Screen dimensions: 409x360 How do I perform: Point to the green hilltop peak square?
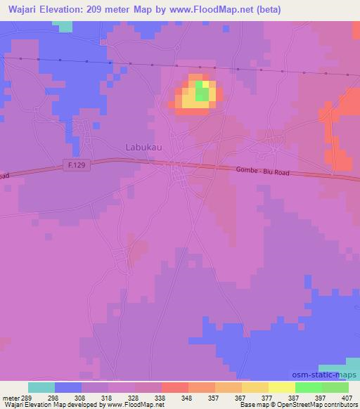[202, 91]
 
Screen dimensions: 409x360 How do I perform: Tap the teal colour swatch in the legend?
[41, 387]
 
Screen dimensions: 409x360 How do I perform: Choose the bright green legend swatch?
[309, 387]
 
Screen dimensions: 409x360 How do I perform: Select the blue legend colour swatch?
[67, 387]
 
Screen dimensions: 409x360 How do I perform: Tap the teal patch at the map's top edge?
[63, 26]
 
